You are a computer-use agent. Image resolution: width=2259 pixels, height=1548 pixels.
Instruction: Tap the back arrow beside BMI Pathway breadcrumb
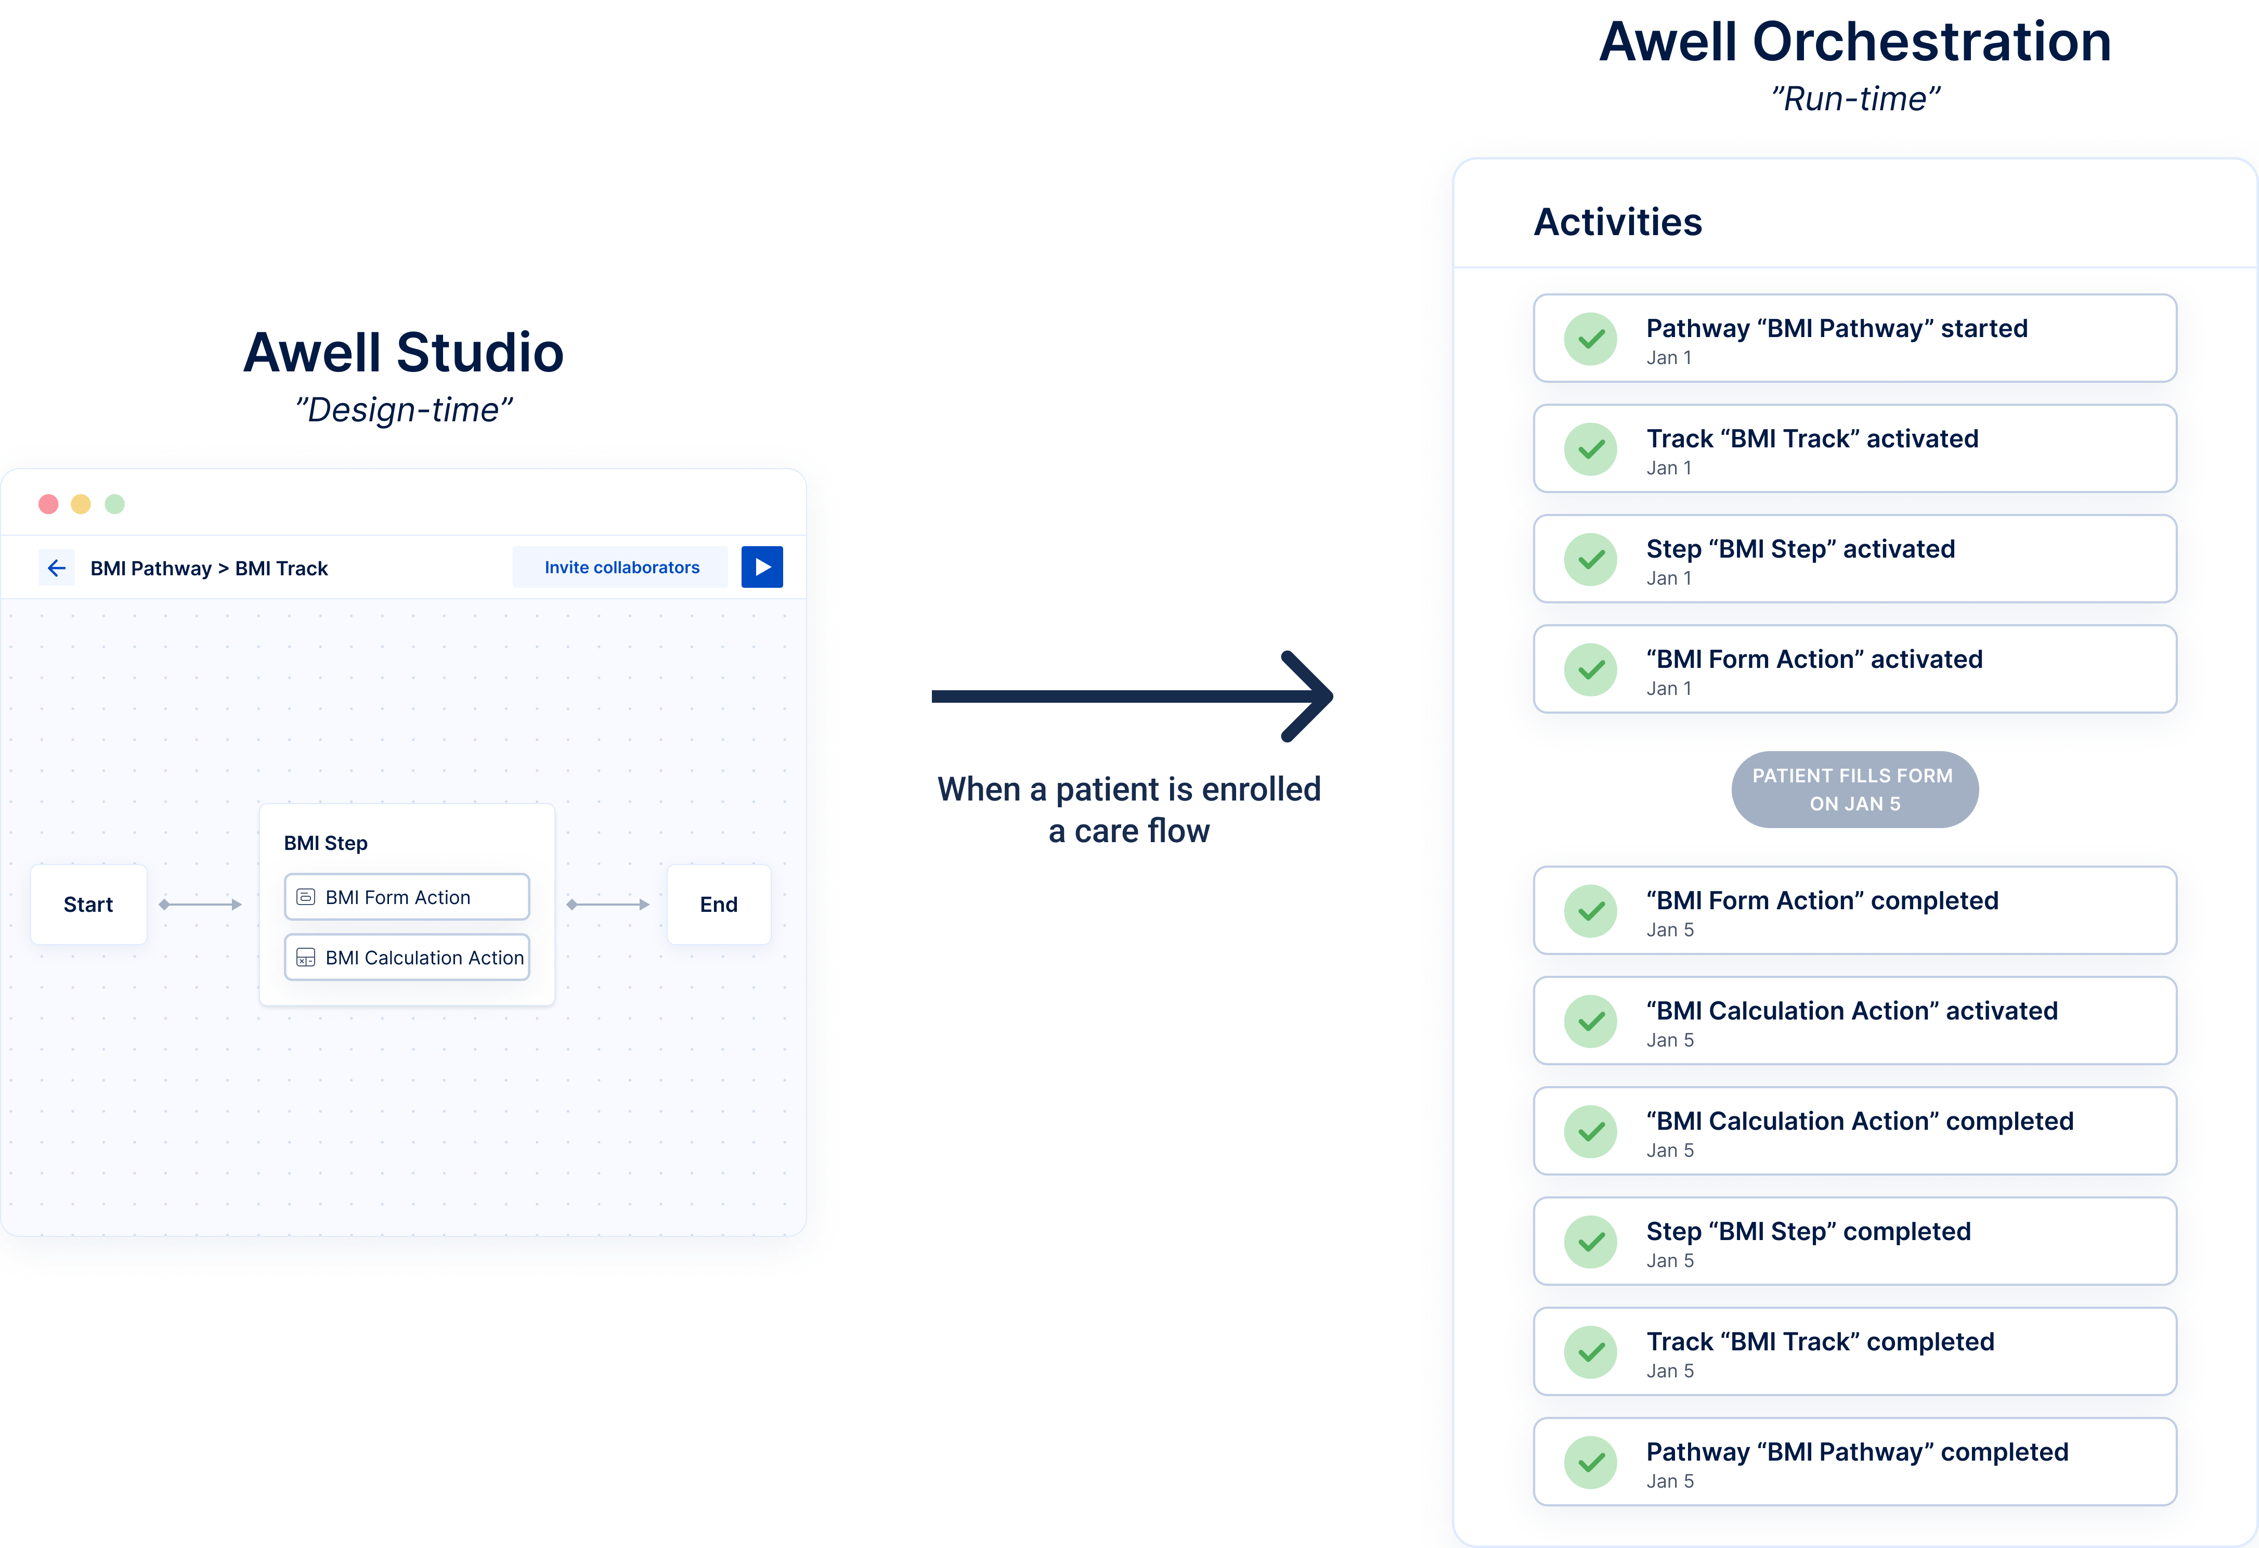56,568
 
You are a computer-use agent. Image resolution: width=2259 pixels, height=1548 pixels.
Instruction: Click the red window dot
48,504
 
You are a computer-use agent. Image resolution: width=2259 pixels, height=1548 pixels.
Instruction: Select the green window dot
115,504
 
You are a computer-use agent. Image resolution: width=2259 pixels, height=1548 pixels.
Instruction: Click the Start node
88,904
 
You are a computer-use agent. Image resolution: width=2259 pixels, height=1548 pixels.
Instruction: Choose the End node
718,904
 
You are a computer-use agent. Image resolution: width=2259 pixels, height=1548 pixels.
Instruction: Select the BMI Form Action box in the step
406,897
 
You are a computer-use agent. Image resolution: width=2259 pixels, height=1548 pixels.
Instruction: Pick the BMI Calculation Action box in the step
406,958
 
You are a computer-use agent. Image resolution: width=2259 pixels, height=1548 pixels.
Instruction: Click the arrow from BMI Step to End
607,904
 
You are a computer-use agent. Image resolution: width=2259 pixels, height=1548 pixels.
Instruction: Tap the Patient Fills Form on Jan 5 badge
1854,790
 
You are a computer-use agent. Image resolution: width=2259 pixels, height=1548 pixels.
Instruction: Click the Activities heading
1617,222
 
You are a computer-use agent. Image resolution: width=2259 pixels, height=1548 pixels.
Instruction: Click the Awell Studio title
404,352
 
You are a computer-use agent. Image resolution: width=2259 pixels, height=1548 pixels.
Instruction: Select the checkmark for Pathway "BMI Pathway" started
1590,339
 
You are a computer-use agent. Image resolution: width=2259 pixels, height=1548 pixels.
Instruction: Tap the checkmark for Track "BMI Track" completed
1590,1351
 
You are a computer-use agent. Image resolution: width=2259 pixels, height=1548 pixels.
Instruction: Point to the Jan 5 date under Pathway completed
1670,1481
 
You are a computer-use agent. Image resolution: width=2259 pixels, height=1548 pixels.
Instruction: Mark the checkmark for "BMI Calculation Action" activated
1590,1021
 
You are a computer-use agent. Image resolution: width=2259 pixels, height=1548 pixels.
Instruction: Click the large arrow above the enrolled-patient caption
1133,696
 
